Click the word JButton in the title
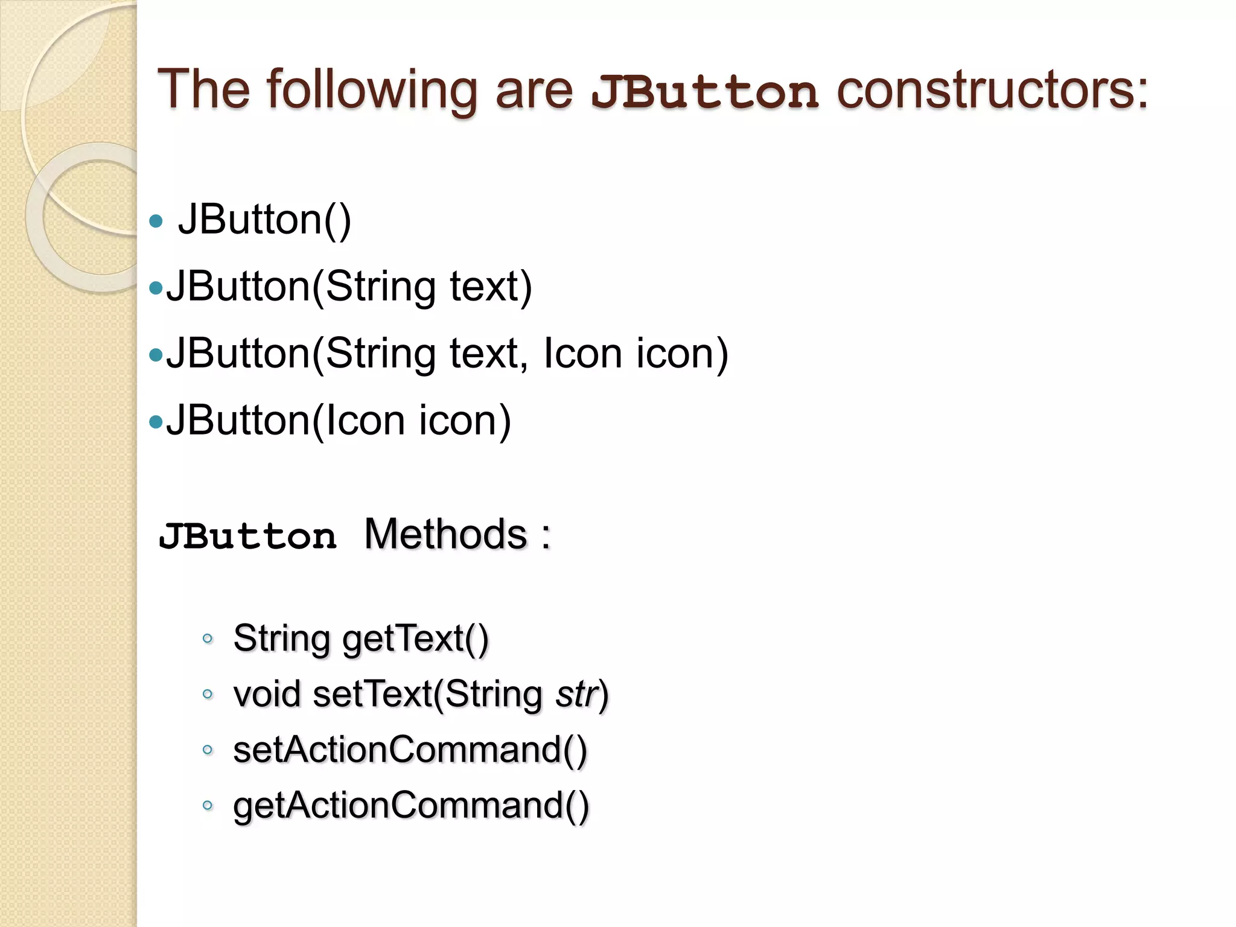tap(704, 92)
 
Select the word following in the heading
tap(372, 91)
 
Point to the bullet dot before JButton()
tap(156, 221)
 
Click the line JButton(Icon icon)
tap(339, 420)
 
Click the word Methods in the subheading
tap(445, 534)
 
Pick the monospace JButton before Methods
tap(247, 537)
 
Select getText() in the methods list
tap(416, 639)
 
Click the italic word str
tap(576, 694)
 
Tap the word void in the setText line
tap(267, 694)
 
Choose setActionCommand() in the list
tap(410, 750)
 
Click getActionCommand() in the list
tap(410, 806)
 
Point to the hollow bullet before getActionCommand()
tap(208, 805)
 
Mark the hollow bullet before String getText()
tap(208, 639)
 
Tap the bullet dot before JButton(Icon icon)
tap(156, 422)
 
